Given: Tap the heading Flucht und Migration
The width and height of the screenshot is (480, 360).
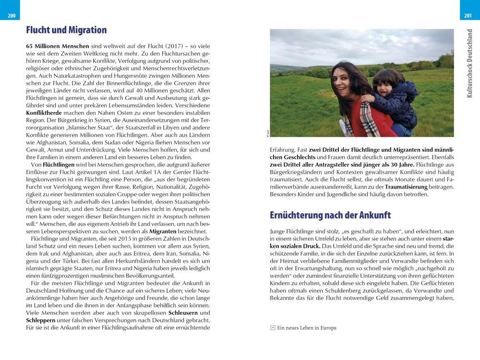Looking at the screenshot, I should click(66, 30).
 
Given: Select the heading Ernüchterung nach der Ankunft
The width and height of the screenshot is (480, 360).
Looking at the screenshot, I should click(330, 215).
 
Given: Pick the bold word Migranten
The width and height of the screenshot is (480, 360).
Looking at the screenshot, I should click(151, 231).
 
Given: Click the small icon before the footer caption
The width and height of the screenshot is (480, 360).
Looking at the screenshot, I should click(273, 328).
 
